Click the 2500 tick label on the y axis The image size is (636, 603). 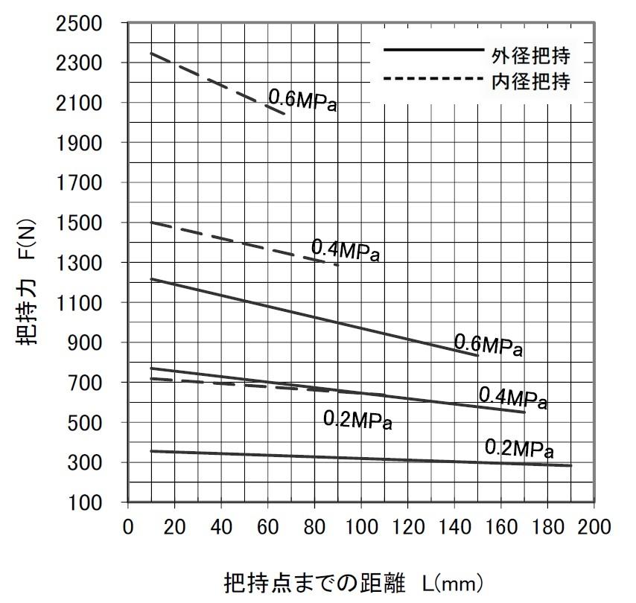[80, 23]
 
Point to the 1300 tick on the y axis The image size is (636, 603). [80, 263]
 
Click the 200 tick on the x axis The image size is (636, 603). [594, 527]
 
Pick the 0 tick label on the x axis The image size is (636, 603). [128, 527]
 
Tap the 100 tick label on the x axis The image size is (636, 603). [361, 527]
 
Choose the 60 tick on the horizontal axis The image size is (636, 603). [268, 527]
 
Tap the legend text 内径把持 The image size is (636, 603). [530, 82]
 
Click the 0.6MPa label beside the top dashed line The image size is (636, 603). [302, 100]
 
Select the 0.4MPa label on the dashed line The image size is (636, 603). [346, 250]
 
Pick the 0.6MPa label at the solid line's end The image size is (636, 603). [489, 345]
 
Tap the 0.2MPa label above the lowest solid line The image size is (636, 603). [519, 449]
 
